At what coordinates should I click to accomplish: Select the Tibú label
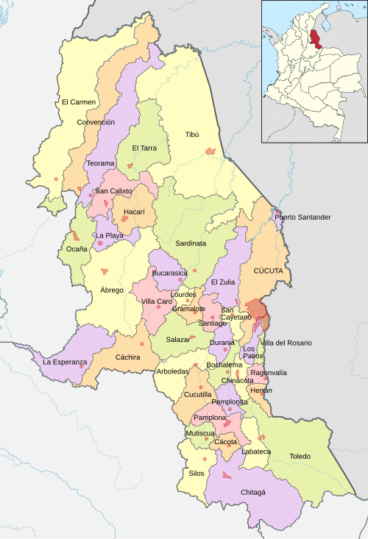(192, 135)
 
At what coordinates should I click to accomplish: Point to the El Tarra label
(145, 148)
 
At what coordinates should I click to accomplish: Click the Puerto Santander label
(302, 217)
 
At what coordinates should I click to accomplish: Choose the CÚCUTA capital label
(268, 271)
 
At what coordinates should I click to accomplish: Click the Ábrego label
(112, 290)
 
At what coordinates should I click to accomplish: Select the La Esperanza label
(65, 362)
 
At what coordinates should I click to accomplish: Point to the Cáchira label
(128, 357)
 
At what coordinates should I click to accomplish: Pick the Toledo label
(300, 457)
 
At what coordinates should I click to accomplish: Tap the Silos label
(197, 473)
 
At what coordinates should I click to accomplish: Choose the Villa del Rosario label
(287, 343)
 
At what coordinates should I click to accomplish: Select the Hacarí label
(134, 212)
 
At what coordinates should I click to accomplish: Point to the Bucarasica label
(169, 273)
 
